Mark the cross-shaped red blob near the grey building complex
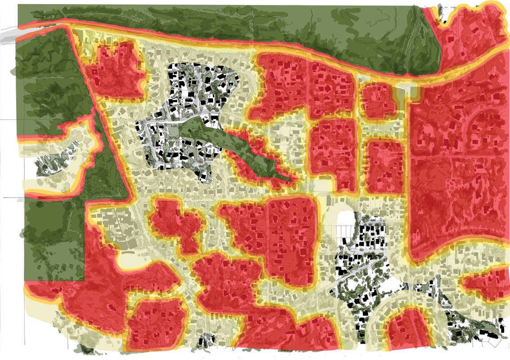176,225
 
